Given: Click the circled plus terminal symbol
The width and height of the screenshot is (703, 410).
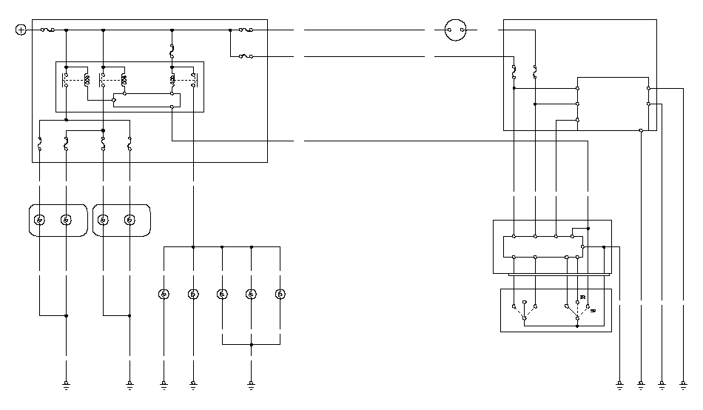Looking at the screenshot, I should [x=21, y=30].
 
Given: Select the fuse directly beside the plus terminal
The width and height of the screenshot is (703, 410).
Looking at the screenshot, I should [x=46, y=30].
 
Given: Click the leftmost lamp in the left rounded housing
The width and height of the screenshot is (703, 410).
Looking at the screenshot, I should [x=40, y=220].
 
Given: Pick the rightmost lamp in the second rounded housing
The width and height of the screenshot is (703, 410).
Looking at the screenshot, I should [x=130, y=220].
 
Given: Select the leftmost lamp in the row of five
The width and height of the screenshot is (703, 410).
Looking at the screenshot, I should [x=164, y=295].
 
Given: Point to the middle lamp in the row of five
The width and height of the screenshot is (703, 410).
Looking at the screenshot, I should [x=222, y=295].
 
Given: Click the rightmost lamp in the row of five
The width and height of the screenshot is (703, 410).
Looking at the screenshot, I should [x=280, y=295].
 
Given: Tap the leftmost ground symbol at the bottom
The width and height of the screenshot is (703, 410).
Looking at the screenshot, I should [x=66, y=385].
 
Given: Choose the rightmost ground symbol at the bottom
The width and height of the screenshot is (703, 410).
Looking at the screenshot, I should [x=682, y=385].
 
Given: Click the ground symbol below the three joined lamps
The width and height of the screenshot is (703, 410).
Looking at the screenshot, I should [x=251, y=385].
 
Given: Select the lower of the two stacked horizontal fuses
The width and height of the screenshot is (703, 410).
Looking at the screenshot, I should [x=246, y=56].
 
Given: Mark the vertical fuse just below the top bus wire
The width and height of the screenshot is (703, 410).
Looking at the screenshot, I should [x=172, y=52].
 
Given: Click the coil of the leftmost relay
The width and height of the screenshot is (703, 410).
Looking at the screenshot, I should [x=87, y=79].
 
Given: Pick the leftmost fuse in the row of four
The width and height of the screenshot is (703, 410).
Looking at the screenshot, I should [x=39, y=144].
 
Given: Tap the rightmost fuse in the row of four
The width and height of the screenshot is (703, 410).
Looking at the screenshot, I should [x=129, y=144].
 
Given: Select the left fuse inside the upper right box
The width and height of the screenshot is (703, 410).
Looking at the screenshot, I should [x=514, y=72].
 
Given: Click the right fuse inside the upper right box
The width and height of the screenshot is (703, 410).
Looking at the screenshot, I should [x=534, y=72].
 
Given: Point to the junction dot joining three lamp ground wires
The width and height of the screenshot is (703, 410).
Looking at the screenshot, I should [x=251, y=344].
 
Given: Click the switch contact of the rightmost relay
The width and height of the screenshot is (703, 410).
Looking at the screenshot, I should [x=194, y=79].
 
